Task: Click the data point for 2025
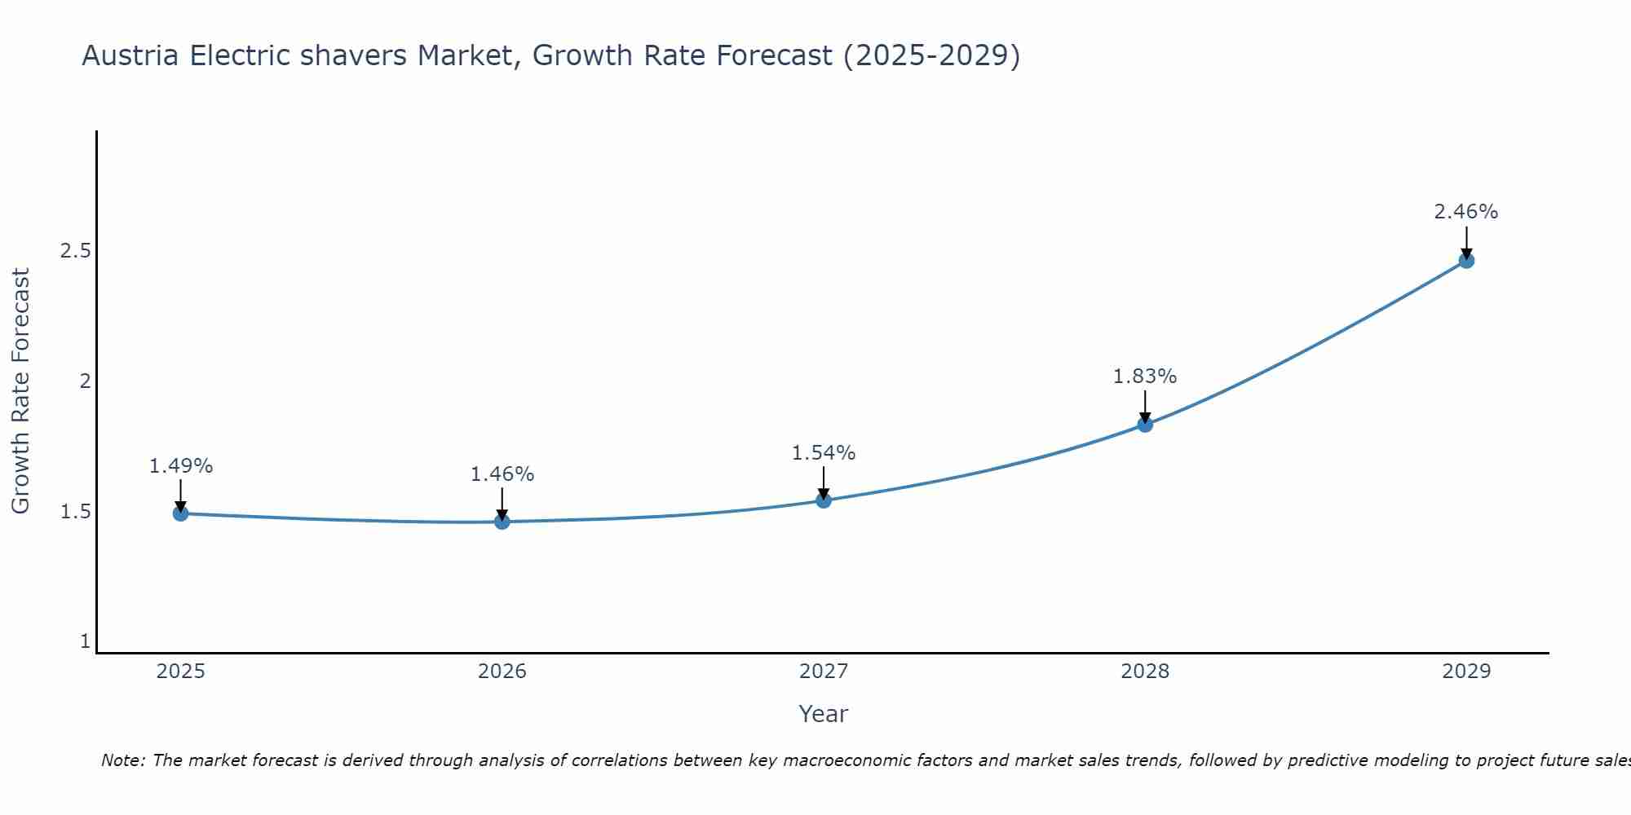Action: pos(181,513)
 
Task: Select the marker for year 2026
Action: pos(502,522)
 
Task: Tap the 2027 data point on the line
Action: pos(824,500)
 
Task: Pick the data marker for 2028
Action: pos(1145,425)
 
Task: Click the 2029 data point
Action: pos(1466,261)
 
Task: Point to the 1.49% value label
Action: pos(181,466)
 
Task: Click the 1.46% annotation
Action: pos(502,474)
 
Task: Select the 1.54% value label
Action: pos(824,453)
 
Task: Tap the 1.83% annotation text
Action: pos(1145,377)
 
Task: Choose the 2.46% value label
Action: pos(1466,212)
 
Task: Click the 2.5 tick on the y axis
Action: pos(75,250)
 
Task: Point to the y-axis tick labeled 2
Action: pos(85,381)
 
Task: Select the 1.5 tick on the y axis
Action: pos(75,512)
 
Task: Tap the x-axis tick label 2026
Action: pos(502,672)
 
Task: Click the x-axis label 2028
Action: pos(1145,672)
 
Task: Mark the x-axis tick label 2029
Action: pos(1466,672)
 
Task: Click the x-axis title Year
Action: pos(824,714)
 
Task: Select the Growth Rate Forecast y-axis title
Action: pos(21,391)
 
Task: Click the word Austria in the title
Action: pos(130,56)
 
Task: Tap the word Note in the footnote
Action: pos(122,760)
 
